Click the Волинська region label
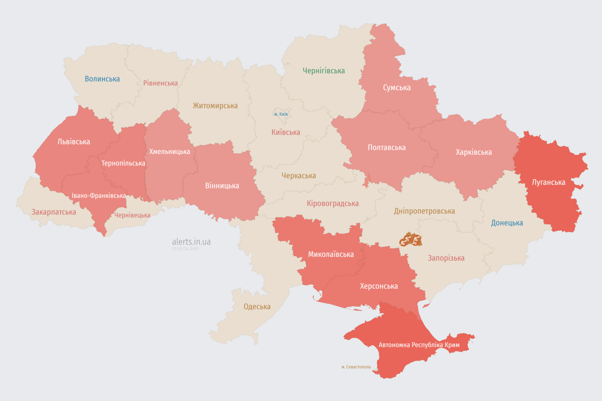[102, 79]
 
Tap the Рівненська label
[160, 83]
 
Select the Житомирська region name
[215, 105]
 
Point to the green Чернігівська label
[323, 70]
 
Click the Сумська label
[397, 87]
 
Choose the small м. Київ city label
[281, 114]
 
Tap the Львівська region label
[74, 141]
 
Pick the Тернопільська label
[123, 163]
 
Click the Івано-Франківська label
[99, 196]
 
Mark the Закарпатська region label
[54, 212]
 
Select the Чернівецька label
[132, 215]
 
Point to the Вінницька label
[222, 185]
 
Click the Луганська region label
[548, 182]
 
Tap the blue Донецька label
[507, 223]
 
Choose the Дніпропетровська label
[424, 211]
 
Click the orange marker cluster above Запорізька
[411, 240]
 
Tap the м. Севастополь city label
[356, 367]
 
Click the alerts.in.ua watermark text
[191, 242]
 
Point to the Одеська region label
[257, 306]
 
